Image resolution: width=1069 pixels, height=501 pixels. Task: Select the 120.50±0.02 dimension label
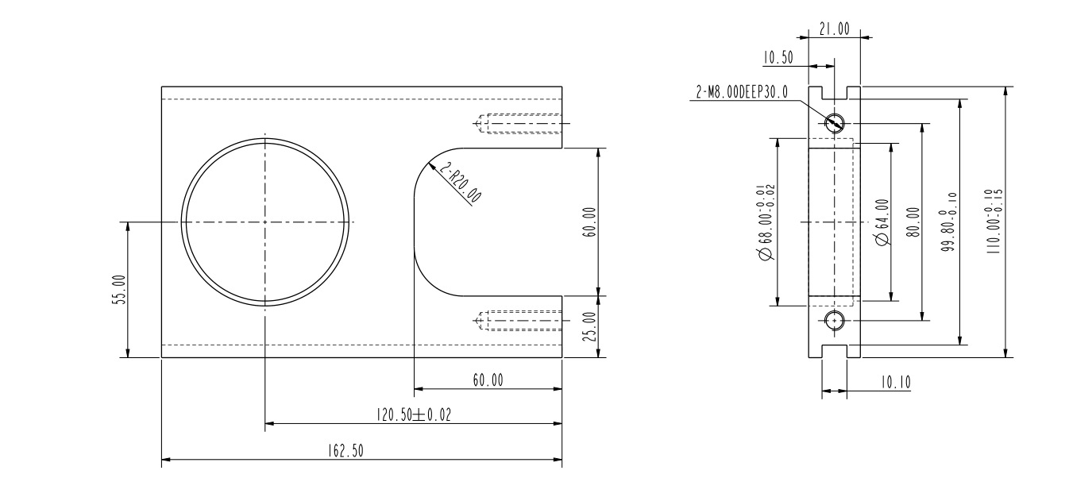[x=412, y=414]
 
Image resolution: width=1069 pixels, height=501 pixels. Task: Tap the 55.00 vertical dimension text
[x=118, y=290]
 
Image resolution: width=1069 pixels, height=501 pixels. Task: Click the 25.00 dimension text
[x=589, y=326]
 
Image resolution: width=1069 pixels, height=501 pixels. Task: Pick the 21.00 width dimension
[x=834, y=29]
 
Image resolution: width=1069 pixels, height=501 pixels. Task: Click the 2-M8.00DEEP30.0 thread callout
[x=741, y=92]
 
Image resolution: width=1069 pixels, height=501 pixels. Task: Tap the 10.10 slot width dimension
[x=894, y=383]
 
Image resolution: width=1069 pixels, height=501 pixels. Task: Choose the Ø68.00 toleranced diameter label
[x=765, y=222]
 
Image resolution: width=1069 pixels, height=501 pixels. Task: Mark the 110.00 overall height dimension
[x=998, y=222]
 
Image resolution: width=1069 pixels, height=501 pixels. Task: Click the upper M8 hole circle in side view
[x=834, y=123]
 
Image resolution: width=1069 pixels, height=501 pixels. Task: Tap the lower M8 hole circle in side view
[x=834, y=321]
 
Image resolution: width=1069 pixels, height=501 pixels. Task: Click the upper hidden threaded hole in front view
[x=520, y=124]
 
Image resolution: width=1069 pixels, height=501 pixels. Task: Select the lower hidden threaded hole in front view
[x=520, y=321]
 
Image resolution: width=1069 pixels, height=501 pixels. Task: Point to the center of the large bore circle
[x=264, y=222]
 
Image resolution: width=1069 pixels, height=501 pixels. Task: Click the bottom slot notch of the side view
[x=834, y=352]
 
